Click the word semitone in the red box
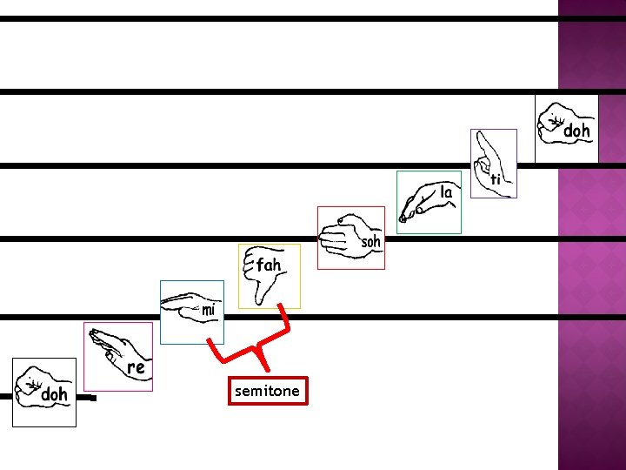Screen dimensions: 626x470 pos(266,392)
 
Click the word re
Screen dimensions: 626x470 pos(136,368)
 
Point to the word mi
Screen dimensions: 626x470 pos(209,310)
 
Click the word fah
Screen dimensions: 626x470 pos(269,264)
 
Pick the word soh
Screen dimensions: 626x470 pos(371,242)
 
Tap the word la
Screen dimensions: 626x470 pos(447,191)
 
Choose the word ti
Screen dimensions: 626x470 pos(496,179)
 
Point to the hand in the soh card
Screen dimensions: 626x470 pos(338,237)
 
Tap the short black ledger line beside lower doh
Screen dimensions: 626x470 pos(86,399)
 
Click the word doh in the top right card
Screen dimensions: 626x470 pos(577,131)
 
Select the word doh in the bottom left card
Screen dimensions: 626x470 pos(55,395)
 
